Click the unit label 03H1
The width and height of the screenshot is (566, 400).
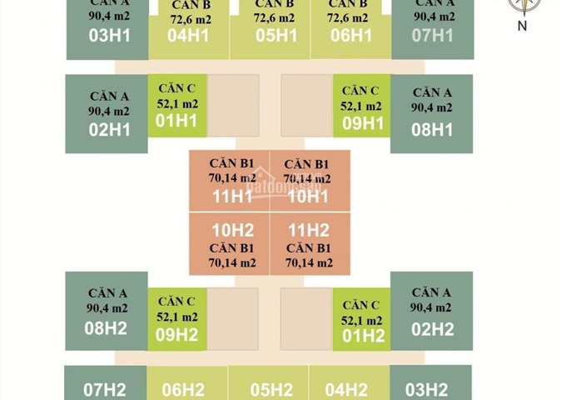pos(107,35)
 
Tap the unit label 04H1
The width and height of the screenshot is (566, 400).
pos(187,35)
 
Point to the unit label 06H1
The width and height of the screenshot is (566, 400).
pos(350,35)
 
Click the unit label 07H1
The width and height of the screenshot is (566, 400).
pos(432,35)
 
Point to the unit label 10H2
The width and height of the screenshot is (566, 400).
pos(233,231)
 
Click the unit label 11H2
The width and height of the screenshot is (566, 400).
pos(309,231)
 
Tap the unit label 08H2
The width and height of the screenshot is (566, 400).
pos(107,327)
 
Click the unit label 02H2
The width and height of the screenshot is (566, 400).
pos(432,327)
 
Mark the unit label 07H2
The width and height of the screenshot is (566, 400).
pos(105,388)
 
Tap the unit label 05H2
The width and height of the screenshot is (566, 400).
pos(271,388)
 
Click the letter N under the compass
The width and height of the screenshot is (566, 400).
pos(522,25)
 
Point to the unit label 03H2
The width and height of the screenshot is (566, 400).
pos(427,388)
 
